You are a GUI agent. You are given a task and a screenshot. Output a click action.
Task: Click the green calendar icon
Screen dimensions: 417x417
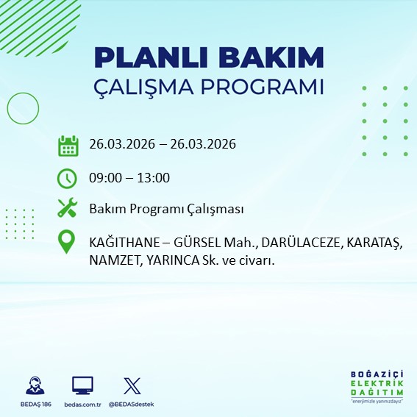(x=68, y=146)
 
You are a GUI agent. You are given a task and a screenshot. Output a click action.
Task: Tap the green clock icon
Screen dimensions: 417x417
(x=68, y=178)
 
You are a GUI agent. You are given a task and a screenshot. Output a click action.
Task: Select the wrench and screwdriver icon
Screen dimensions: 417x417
(x=68, y=209)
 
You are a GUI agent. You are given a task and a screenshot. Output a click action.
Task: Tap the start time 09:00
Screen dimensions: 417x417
(x=104, y=178)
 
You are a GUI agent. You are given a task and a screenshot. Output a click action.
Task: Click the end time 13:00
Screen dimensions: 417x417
(x=154, y=178)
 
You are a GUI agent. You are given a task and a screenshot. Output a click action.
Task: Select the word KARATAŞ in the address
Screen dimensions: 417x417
(x=373, y=242)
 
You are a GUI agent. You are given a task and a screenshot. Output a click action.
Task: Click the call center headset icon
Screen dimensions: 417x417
(x=33, y=385)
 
